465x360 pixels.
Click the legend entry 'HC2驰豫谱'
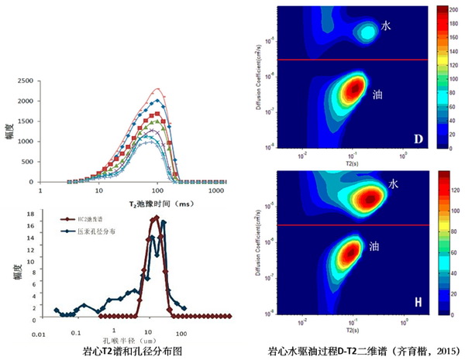pyautogui.click(x=109, y=220)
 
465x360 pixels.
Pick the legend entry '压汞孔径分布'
pyautogui.click(x=112, y=231)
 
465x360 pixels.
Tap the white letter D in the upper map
pyautogui.click(x=417, y=139)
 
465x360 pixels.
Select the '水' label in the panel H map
pyautogui.click(x=394, y=185)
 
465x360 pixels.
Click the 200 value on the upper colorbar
pyautogui.click(x=454, y=8)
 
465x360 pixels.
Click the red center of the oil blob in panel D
pyautogui.click(x=353, y=87)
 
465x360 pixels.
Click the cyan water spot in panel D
pyautogui.click(x=367, y=32)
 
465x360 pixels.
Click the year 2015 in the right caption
pyautogui.click(x=440, y=351)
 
